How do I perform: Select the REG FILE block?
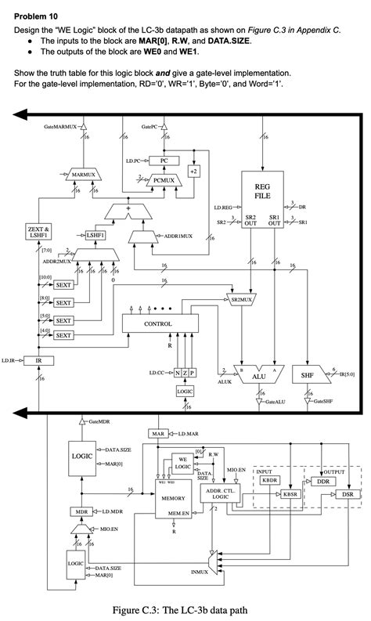[x=262, y=191]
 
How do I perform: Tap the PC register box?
[x=164, y=161]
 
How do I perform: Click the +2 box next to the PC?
[x=193, y=171]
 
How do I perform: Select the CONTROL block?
[x=158, y=323]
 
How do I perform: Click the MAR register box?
[x=159, y=433]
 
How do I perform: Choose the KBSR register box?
[x=291, y=494]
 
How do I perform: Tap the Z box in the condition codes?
[x=184, y=373]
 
